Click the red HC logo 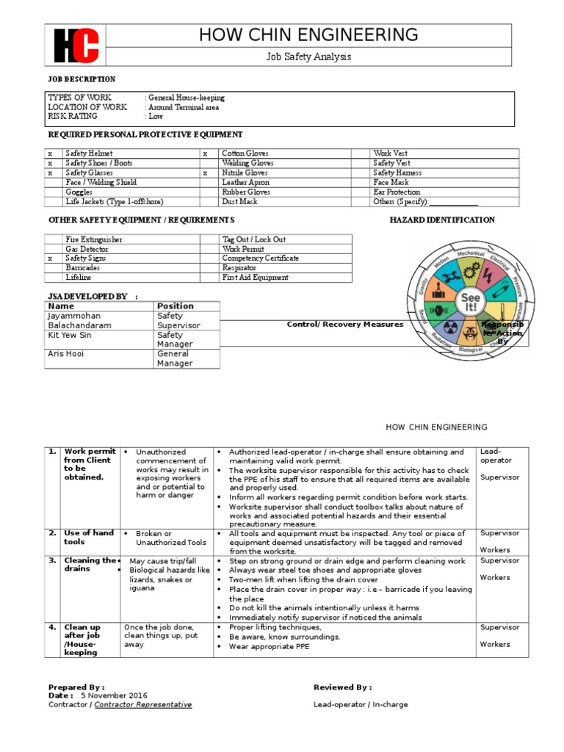[x=76, y=46]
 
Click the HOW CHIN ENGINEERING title [x=308, y=35]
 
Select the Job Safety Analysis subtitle [x=308, y=57]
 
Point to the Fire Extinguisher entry [x=94, y=239]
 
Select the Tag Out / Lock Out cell [x=254, y=239]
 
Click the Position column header [x=176, y=306]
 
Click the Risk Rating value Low [x=156, y=116]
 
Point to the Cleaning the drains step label [x=90, y=564]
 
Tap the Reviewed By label [x=342, y=687]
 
